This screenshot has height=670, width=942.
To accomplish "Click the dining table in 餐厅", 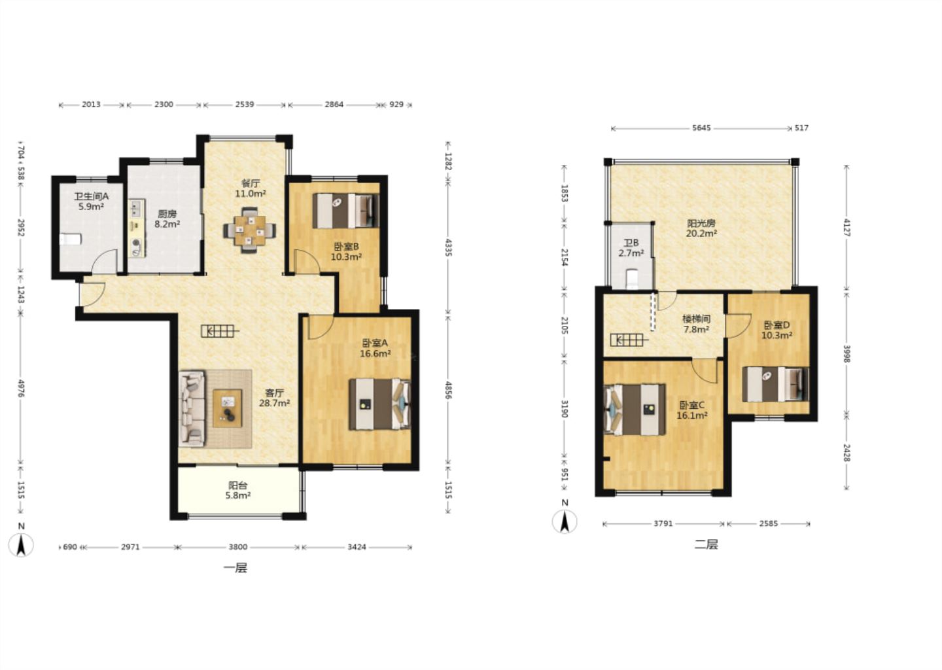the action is point(250,230).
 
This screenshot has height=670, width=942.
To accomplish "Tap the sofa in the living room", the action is point(192,408).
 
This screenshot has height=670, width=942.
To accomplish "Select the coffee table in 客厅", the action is point(227,408).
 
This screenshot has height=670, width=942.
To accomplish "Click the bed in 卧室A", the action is point(379,404).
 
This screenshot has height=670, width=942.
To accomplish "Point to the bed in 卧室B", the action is point(345,210).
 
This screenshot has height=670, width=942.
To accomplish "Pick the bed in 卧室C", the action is point(635,410).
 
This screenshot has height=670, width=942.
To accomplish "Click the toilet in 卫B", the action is point(632,279).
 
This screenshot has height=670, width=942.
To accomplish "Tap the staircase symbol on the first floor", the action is point(220,331).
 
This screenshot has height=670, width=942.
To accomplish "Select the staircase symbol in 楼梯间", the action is point(627,340).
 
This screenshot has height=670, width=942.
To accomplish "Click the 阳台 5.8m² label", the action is point(237,491).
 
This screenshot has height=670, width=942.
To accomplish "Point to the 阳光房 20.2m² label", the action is point(701,228).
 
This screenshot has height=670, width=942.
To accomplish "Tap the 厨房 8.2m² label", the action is point(167,219).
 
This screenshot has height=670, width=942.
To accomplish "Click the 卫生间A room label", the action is point(92,196).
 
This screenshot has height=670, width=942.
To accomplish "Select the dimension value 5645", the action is point(701,128).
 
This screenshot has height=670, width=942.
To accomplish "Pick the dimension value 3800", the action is point(237,547).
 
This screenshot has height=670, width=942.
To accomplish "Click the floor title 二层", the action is point(706,544).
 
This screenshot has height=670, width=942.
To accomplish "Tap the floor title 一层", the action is point(235,568).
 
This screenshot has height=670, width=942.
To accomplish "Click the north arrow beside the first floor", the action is point(21,545).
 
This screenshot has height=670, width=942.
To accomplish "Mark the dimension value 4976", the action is point(21,388).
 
